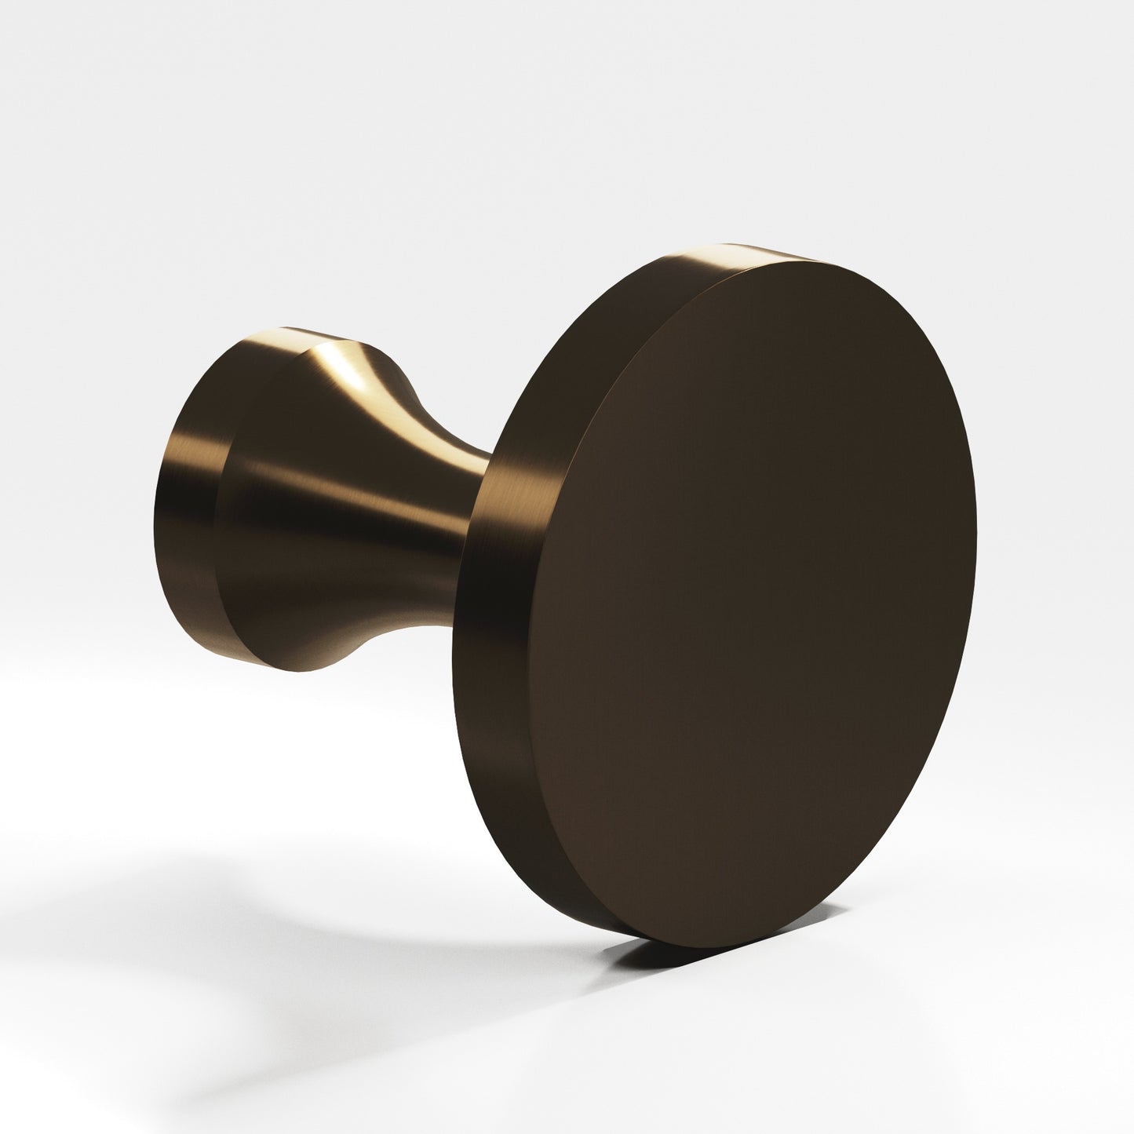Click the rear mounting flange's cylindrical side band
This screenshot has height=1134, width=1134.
click(188, 502)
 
